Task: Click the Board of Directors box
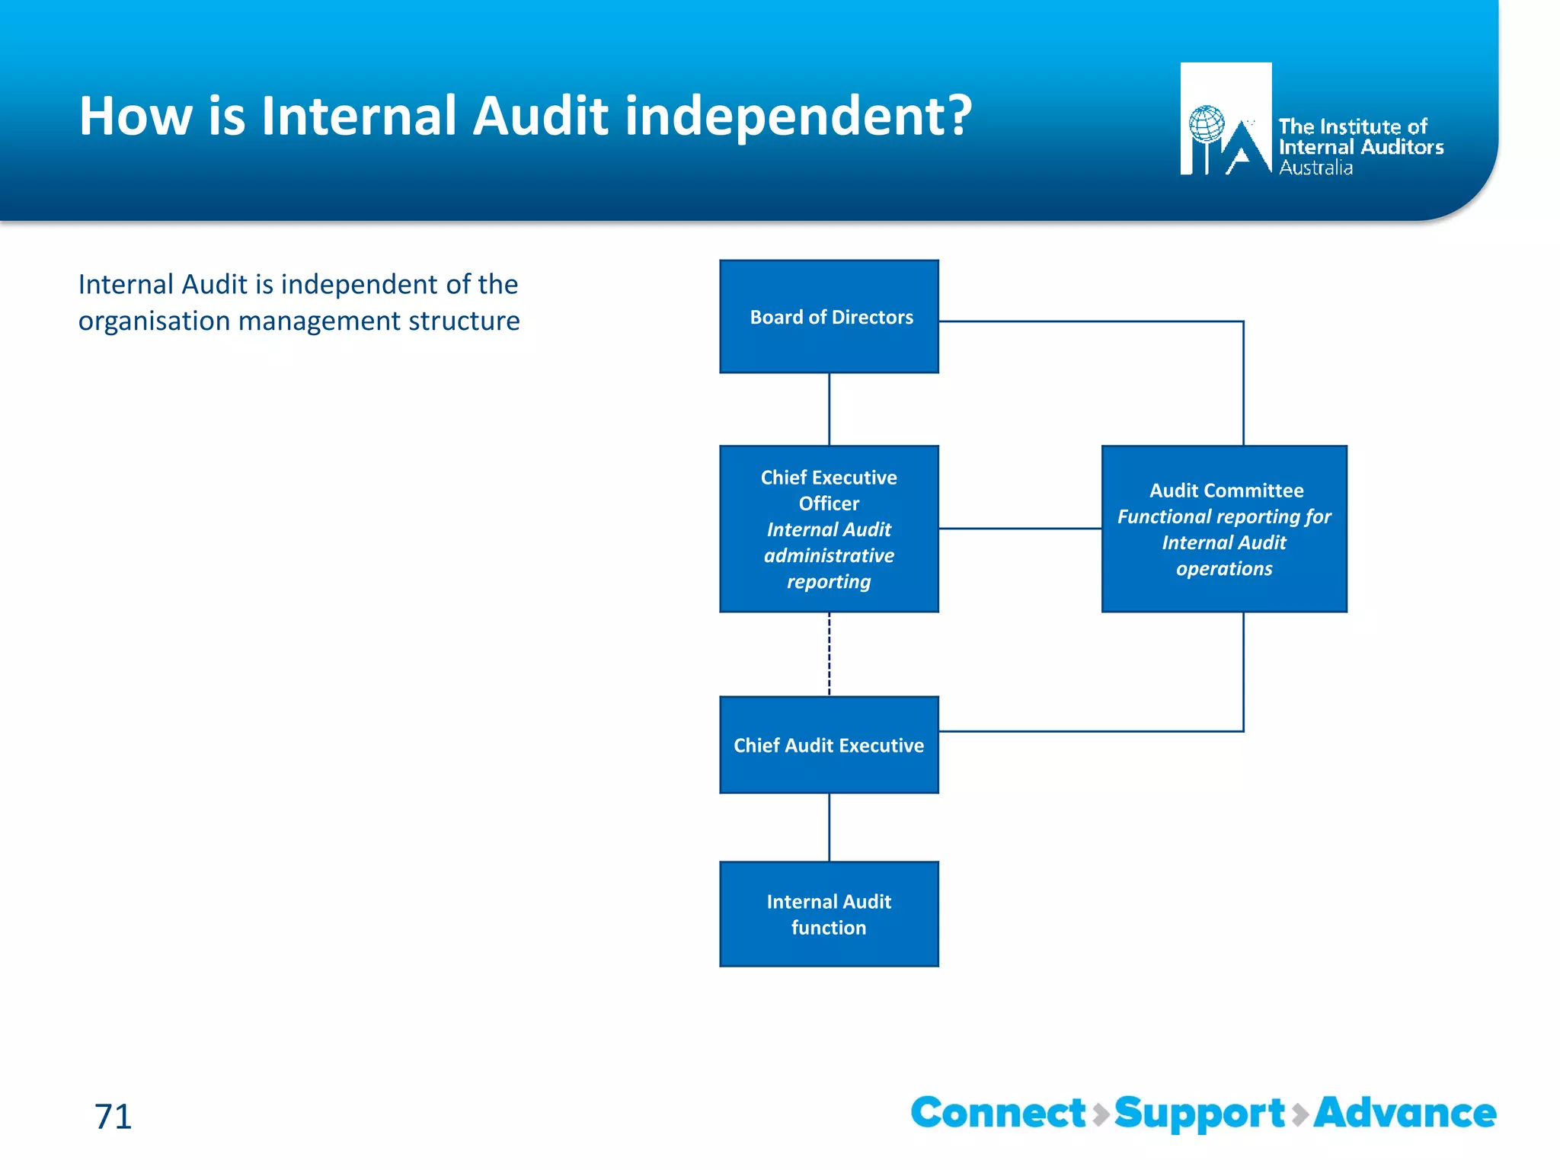point(829,316)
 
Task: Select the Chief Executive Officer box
point(829,529)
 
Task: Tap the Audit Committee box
point(1224,529)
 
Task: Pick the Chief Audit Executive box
point(829,745)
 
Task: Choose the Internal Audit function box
point(829,914)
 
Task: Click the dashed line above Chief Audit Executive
point(830,654)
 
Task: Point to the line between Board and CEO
point(830,409)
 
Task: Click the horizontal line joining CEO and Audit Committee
point(1020,528)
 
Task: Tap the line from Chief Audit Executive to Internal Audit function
point(830,827)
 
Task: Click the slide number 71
point(113,1117)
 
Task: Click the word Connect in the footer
point(998,1113)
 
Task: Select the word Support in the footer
point(1200,1114)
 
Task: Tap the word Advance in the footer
point(1405,1113)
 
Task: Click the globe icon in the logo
point(1207,124)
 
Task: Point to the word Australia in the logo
point(1315,168)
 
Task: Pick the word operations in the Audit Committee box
point(1224,569)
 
